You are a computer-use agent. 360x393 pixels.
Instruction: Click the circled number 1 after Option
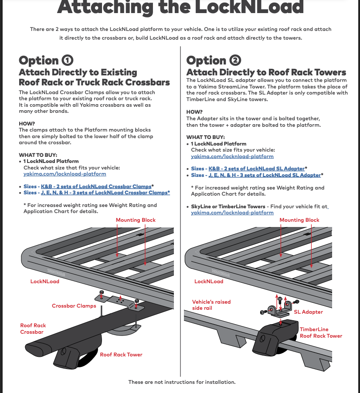68,60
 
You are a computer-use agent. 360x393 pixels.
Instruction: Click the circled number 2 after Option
235,60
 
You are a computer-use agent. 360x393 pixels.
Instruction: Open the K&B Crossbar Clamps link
96,186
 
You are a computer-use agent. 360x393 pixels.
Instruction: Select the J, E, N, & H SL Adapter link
265,175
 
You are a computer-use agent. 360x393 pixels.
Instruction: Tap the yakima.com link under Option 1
65,174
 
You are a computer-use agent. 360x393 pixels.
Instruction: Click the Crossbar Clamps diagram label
74,306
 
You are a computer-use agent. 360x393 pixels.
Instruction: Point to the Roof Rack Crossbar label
33,329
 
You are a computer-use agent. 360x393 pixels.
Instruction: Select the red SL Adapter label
309,312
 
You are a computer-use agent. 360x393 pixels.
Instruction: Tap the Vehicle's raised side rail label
211,305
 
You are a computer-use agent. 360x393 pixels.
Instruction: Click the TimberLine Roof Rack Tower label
321,332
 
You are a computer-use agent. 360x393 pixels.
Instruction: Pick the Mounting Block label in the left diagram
136,220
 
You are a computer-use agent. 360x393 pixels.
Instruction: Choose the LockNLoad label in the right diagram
209,281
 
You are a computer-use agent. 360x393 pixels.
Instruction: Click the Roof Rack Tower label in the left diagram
121,355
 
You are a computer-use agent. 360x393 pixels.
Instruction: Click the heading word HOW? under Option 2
194,112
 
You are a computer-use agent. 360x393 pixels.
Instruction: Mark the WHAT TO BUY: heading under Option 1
38,155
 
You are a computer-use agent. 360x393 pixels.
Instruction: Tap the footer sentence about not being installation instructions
182,382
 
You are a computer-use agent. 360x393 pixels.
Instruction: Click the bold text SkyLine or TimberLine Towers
228,207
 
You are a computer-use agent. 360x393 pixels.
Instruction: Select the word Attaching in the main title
105,7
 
